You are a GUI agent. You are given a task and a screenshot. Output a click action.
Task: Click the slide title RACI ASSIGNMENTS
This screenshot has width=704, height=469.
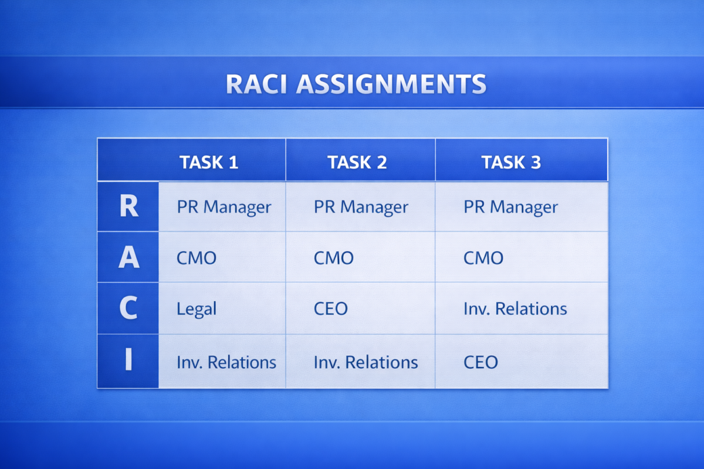click(356, 84)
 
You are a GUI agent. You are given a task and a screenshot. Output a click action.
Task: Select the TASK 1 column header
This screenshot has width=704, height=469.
click(209, 162)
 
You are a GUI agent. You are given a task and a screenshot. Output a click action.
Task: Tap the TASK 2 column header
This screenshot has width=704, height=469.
click(357, 162)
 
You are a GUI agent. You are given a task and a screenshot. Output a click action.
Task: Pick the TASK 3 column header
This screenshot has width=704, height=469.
click(511, 162)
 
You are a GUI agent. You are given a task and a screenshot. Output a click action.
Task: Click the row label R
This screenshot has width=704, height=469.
click(128, 207)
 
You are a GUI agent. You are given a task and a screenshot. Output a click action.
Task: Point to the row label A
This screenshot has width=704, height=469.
click(128, 258)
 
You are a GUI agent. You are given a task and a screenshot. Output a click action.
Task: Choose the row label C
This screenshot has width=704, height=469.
click(128, 309)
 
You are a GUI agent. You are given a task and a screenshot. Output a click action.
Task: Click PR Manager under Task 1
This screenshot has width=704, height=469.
click(224, 208)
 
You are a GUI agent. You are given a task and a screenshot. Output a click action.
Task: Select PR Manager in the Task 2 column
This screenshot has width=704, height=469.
click(361, 208)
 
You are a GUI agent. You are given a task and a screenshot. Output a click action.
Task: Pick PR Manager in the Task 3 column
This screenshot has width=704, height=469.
click(511, 208)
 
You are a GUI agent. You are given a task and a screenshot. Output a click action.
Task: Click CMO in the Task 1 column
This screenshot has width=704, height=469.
click(197, 258)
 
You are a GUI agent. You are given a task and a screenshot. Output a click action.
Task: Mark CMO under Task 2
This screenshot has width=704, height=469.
click(334, 258)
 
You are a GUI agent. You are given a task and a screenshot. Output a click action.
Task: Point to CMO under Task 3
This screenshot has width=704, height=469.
click(483, 258)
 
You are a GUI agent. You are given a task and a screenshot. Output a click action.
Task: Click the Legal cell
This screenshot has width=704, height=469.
click(197, 309)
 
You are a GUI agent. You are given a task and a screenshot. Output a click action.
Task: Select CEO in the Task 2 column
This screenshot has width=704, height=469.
click(331, 309)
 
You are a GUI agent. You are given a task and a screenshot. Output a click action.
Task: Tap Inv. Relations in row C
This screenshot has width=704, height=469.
click(515, 309)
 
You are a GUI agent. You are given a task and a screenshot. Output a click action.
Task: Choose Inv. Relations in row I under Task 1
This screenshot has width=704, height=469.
click(226, 362)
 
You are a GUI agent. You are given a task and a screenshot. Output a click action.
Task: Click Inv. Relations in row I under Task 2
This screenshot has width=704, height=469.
click(365, 362)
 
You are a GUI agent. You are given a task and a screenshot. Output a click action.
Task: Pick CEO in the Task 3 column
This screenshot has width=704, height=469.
click(480, 362)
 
